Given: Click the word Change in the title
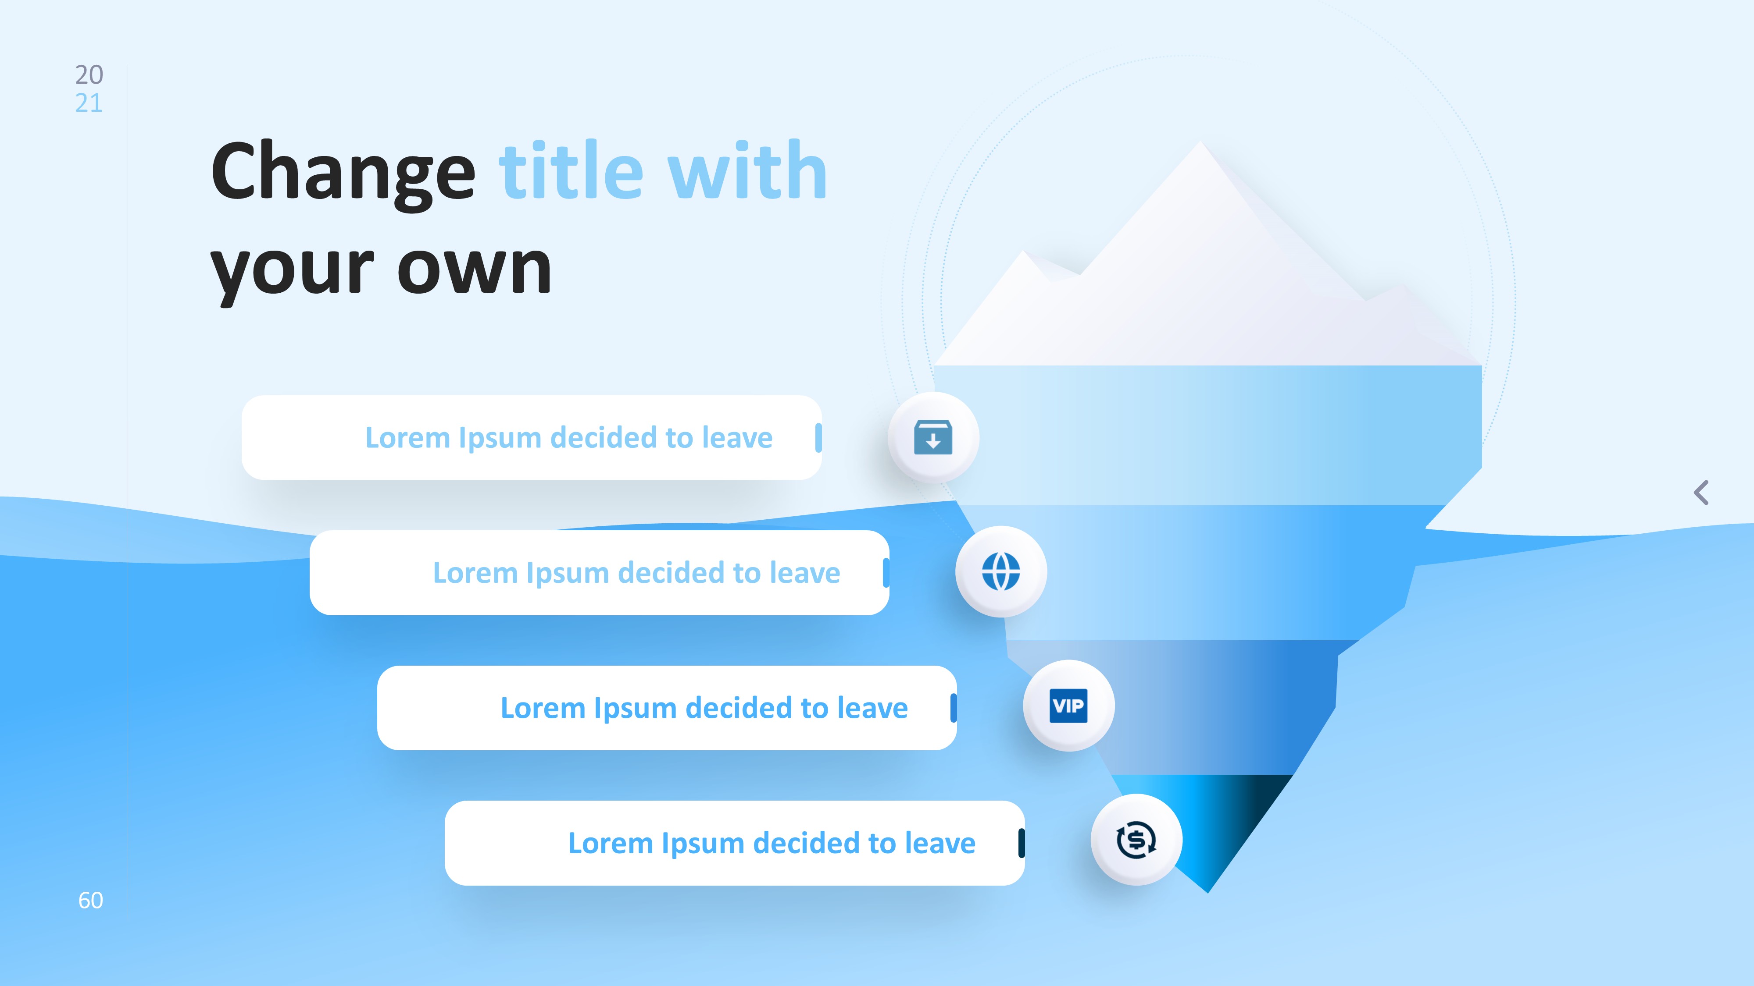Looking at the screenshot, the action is pyautogui.click(x=343, y=173).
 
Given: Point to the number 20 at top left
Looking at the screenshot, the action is pyautogui.click(x=89, y=74).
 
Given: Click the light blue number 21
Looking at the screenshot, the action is pyautogui.click(x=89, y=103).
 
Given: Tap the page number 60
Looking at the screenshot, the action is pyautogui.click(x=90, y=900).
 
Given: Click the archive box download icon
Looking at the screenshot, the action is pyautogui.click(x=933, y=437).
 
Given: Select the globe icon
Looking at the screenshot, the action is pyautogui.click(x=1001, y=571).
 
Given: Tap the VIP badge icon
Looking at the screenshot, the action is pyautogui.click(x=1068, y=706).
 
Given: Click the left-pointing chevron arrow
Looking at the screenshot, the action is pyautogui.click(x=1701, y=493).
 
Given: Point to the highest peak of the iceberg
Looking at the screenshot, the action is pyautogui.click(x=1200, y=142).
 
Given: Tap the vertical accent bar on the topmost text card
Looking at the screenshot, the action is pyautogui.click(x=818, y=437).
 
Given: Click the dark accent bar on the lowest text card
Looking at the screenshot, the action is pyautogui.click(x=1022, y=843).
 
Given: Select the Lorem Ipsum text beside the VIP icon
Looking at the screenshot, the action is pyautogui.click(x=704, y=708).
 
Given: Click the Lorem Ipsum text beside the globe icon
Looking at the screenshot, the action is pyautogui.click(x=637, y=573).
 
